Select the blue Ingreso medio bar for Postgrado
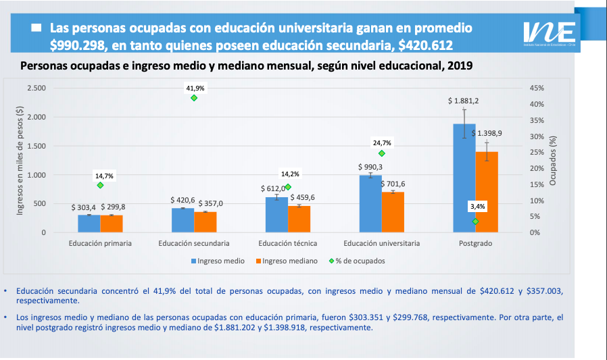[x=464, y=178]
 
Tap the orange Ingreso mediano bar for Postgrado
[x=487, y=192]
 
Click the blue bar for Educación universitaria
[x=370, y=203]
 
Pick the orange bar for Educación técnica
[x=299, y=219]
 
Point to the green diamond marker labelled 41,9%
[x=194, y=98]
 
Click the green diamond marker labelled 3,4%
[x=475, y=222]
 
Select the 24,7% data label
[x=382, y=143]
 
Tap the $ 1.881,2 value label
[x=463, y=101]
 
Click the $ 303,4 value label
[x=84, y=207]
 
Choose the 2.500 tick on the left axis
[x=36, y=88]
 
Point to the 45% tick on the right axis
[x=537, y=88]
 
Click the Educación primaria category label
[x=100, y=243]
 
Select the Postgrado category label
[x=475, y=243]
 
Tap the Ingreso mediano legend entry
[x=284, y=260]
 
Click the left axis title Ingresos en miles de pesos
[x=20, y=161]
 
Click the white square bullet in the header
[x=37, y=28]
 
